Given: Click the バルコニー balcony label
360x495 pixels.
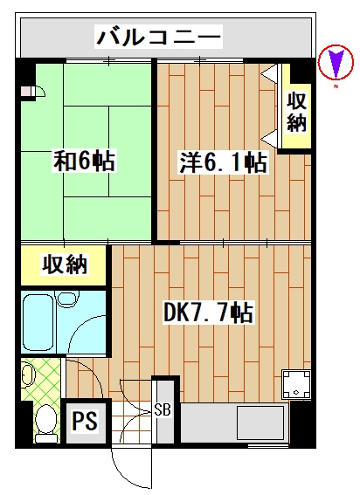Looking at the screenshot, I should coord(159,38).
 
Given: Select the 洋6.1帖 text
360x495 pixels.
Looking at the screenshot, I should coord(224,162).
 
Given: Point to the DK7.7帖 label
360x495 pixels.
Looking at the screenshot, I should coord(209,312).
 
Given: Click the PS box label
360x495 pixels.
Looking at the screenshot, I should coord(84,422).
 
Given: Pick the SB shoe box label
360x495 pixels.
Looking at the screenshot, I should coord(163,409).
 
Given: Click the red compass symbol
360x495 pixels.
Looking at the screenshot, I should coord(333,64).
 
